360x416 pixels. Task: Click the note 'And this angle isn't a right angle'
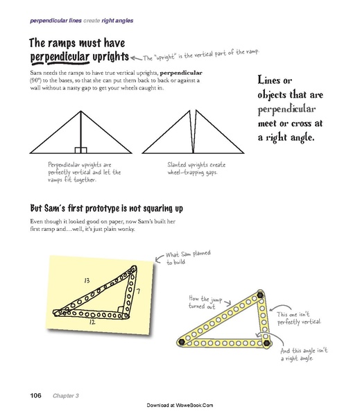tap(298, 354)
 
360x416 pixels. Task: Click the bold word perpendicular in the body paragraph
tap(180, 72)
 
